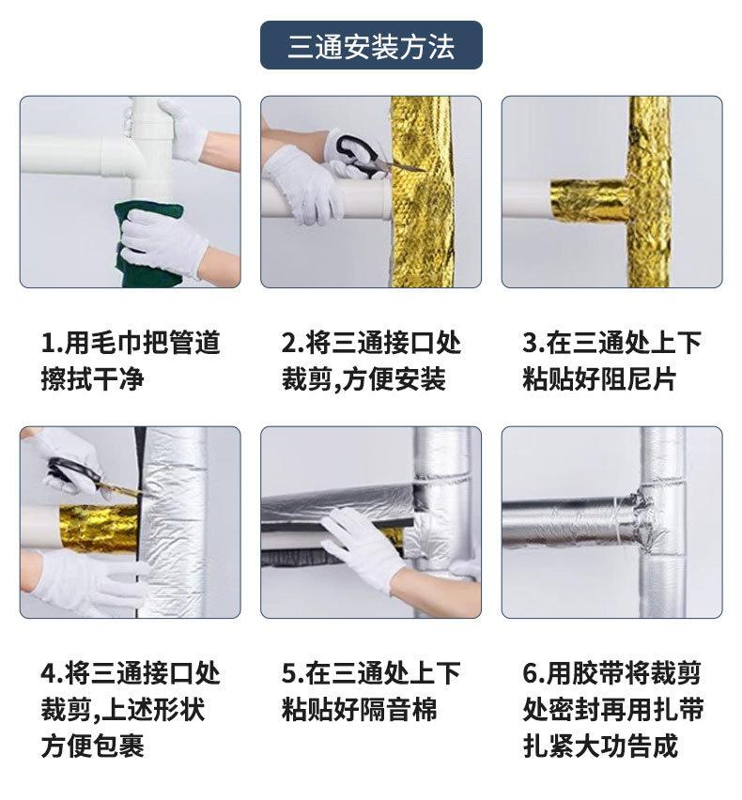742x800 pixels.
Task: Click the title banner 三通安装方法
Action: click(371, 45)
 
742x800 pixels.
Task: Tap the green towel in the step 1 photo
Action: click(148, 245)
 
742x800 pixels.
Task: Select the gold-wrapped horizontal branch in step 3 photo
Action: click(590, 201)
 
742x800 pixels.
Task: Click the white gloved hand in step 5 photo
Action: click(363, 548)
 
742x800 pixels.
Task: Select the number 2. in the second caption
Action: click(292, 343)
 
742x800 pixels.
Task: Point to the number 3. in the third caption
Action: click(533, 343)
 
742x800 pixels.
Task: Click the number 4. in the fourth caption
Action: click(52, 673)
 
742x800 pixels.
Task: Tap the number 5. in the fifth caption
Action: click(292, 673)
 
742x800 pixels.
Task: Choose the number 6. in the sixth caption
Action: click(533, 673)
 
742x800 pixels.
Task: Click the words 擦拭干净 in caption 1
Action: click(92, 379)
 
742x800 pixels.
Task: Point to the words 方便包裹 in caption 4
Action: click(92, 746)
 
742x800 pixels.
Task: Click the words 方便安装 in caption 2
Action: click(394, 379)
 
